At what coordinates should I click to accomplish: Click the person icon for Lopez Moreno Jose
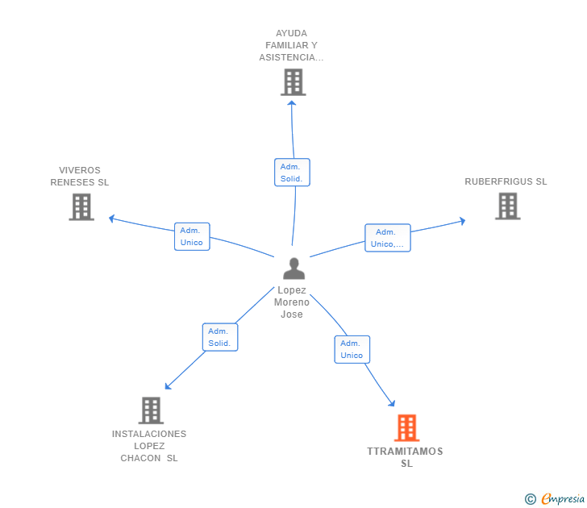[293, 269]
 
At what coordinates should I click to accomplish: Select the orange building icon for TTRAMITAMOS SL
[406, 427]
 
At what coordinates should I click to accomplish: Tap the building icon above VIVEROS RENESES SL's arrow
[81, 207]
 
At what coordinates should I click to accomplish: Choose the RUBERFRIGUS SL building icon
[507, 206]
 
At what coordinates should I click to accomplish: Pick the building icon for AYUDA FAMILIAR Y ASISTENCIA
[293, 81]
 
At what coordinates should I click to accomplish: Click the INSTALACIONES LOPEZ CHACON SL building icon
[151, 410]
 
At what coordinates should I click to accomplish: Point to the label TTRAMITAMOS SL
[406, 457]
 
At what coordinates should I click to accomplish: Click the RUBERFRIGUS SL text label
[506, 181]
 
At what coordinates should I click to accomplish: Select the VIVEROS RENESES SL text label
[80, 176]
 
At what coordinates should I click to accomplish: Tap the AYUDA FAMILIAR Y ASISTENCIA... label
[291, 45]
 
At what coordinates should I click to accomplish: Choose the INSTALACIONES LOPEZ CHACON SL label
[149, 446]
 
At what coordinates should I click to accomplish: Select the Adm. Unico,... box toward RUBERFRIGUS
[388, 238]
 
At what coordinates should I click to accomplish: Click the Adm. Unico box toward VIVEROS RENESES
[192, 236]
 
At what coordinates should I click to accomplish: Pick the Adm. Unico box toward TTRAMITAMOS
[352, 349]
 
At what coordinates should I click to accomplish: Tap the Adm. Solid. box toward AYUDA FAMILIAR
[292, 173]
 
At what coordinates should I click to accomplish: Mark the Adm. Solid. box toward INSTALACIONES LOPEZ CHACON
[219, 337]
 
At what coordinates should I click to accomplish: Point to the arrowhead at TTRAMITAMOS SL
[392, 403]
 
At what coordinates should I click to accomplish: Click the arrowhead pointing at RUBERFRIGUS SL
[462, 219]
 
